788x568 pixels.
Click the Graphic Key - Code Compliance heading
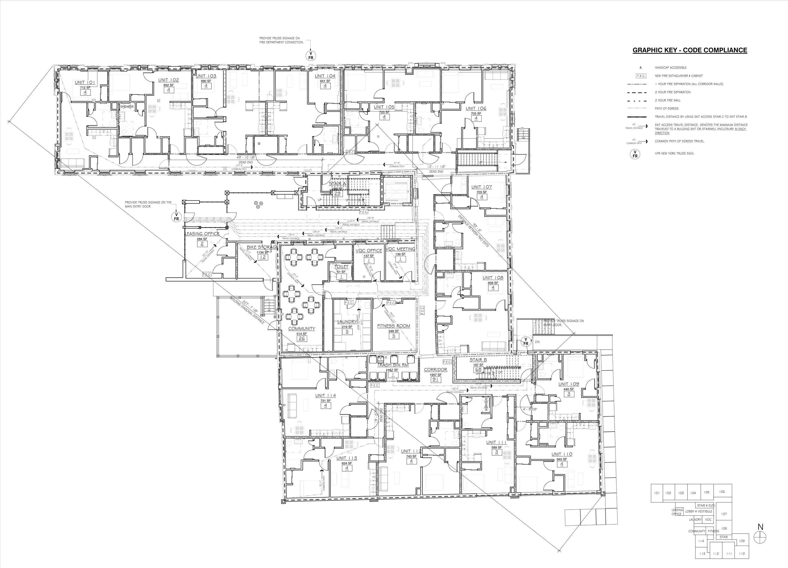click(690, 50)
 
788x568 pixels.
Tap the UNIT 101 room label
click(85, 82)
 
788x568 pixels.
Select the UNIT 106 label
click(476, 109)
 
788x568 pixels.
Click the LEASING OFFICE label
click(202, 234)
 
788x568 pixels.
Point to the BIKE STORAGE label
click(262, 247)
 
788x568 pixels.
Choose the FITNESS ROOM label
click(394, 326)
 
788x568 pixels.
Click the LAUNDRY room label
click(347, 321)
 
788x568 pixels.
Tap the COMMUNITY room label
click(301, 329)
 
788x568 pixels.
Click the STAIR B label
click(478, 360)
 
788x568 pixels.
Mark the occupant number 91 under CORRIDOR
click(435, 380)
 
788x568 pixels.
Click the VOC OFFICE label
click(369, 250)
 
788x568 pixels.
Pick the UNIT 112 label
click(411, 451)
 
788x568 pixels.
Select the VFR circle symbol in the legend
click(635, 154)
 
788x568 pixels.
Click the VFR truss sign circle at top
click(311, 56)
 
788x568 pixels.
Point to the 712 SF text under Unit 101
click(85, 88)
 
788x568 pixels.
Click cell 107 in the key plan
click(724, 514)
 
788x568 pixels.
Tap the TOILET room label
click(341, 267)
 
